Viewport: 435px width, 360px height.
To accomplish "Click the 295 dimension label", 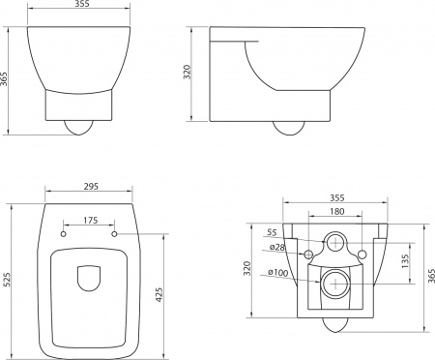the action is coord(91,186).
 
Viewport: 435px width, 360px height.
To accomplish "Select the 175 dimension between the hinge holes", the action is coord(91,221).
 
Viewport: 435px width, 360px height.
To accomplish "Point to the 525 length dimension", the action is coord(7,280).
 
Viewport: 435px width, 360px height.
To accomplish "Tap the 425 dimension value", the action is coord(159,294).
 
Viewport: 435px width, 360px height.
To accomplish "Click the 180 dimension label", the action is coord(337,211).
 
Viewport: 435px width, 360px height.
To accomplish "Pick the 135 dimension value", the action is coord(405,261).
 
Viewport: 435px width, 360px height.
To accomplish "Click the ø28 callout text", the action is coord(277,247).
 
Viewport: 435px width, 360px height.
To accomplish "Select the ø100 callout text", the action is coord(278,272).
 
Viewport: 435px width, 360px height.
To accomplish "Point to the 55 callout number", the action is coord(272,232).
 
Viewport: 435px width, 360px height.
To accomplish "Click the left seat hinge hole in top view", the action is coord(64,234).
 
